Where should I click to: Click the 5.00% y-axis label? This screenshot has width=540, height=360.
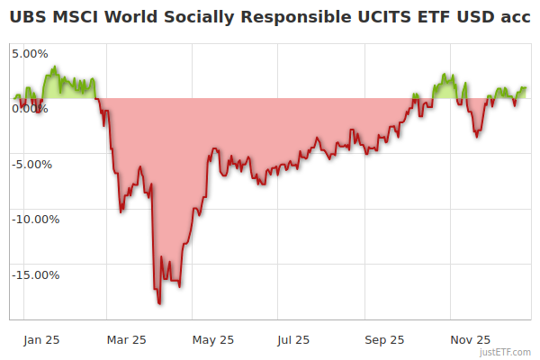point(30,53)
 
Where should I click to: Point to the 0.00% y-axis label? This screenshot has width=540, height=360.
point(30,109)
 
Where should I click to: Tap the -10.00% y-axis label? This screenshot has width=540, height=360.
point(33,220)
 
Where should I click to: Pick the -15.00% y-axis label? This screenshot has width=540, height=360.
point(33,275)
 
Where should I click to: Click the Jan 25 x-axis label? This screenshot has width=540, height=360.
point(41,340)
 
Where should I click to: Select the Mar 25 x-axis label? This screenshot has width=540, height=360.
point(127,340)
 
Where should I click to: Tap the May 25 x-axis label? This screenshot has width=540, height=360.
point(213,340)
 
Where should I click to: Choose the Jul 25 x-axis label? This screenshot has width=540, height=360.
point(292,340)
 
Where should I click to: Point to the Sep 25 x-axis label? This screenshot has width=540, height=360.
point(385,340)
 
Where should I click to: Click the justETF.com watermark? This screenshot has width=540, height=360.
point(506,353)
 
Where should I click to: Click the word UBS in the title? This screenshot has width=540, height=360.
point(30,18)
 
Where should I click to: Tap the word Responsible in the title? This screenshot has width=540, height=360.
point(289,18)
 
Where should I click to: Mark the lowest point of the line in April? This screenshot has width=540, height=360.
point(160,303)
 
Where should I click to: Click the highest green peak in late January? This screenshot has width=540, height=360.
point(55,67)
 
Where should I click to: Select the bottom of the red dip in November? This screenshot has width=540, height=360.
point(477,137)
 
